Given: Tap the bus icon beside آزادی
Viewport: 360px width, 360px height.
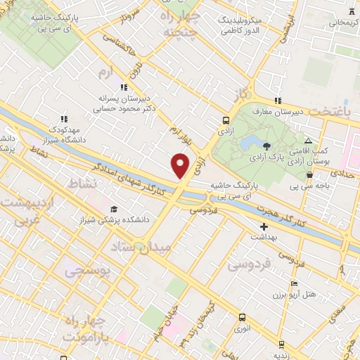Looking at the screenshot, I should point(225,120).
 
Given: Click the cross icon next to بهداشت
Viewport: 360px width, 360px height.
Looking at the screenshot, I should point(264,226).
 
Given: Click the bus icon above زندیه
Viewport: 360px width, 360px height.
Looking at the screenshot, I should point(281,344).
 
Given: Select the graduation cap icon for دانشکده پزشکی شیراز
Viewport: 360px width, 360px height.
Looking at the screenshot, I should point(114,210).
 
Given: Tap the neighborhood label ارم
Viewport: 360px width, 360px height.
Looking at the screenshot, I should point(105,72).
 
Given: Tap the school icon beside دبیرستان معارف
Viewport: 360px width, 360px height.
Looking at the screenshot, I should point(278,100).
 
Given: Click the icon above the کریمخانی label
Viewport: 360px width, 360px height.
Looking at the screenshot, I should point(352,11).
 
